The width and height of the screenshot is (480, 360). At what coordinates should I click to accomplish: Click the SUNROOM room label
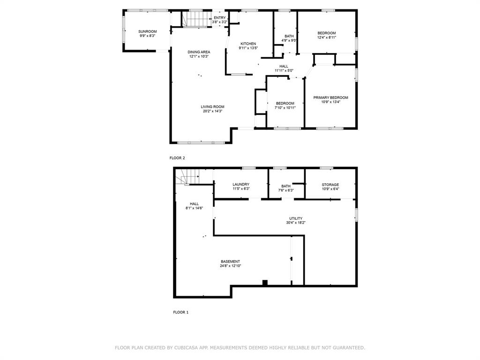(x=147, y=31)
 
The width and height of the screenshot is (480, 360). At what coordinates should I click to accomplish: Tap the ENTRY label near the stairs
(x=219, y=18)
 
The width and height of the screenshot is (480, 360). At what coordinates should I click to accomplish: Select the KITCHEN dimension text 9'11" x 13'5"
(x=248, y=48)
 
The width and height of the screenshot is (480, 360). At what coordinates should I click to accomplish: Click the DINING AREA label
(x=199, y=52)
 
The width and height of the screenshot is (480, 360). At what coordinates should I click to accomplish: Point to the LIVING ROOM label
(x=213, y=107)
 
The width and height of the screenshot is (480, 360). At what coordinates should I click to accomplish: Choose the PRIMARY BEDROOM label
(x=330, y=97)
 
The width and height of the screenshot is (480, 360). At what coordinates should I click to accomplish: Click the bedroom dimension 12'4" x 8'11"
(x=326, y=37)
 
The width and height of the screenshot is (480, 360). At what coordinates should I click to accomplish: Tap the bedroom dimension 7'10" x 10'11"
(x=285, y=108)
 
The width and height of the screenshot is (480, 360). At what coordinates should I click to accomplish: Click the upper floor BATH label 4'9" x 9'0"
(x=289, y=37)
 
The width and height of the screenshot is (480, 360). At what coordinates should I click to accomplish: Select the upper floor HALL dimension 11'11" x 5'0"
(x=284, y=71)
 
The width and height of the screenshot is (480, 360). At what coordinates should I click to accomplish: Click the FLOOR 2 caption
(x=177, y=158)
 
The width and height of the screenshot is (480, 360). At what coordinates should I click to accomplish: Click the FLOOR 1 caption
(x=180, y=312)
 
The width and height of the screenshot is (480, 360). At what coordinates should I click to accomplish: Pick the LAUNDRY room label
(x=241, y=185)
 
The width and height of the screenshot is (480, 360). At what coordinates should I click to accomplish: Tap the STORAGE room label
(x=330, y=185)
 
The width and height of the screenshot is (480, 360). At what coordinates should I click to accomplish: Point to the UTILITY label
(x=296, y=218)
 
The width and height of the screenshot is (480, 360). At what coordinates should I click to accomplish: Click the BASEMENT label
(x=230, y=262)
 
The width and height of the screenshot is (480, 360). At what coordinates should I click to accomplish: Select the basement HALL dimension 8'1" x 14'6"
(x=194, y=208)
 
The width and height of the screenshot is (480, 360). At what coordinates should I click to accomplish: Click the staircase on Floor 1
(x=187, y=177)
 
